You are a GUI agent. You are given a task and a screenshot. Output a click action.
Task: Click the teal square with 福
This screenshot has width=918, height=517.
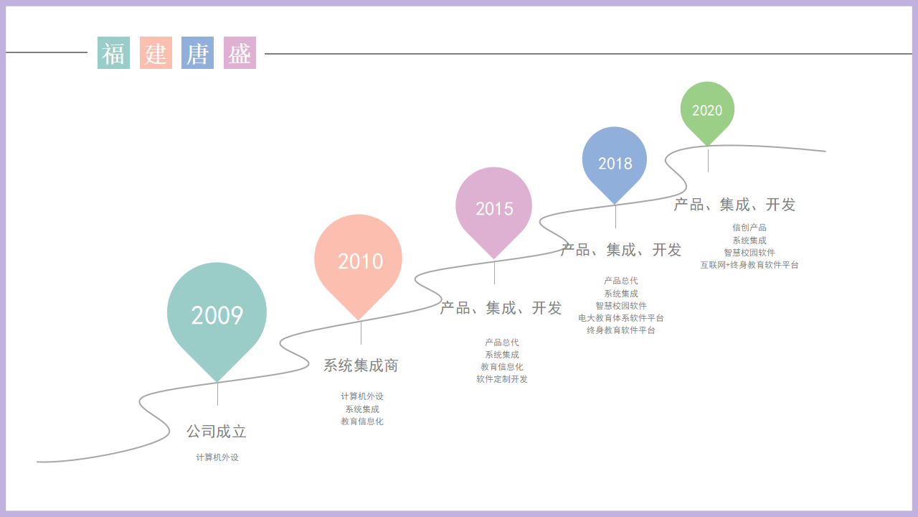pos(113,53)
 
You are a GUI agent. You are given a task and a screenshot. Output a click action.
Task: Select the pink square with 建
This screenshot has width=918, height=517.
pos(156,53)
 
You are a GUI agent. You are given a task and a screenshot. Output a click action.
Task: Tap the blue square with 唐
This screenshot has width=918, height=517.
pos(197,53)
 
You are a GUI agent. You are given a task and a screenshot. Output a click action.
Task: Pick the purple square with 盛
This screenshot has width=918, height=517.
pos(240,53)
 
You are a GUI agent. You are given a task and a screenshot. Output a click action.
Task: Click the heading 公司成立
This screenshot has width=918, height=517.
pos(217,432)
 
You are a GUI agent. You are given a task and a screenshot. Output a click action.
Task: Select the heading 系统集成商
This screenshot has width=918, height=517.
pos(361,365)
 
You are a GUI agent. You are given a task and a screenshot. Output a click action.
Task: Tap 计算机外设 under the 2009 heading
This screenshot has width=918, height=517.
pos(217,457)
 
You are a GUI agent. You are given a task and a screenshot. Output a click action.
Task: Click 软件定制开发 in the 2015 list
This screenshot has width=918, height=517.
pos(502,378)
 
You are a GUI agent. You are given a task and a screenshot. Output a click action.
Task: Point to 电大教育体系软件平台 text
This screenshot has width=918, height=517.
pos(621,318)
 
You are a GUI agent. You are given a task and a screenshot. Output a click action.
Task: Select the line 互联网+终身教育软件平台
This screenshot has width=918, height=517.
pos(749,265)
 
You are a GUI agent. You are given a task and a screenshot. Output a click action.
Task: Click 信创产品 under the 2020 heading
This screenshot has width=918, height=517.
pos(749,228)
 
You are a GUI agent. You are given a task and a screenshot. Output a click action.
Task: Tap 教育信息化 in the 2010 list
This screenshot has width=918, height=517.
pos(362,421)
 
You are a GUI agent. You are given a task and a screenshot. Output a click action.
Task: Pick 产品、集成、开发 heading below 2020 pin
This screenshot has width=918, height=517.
pos(734,205)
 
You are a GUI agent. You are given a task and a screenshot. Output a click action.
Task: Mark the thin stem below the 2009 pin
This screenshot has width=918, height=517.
pos(217,394)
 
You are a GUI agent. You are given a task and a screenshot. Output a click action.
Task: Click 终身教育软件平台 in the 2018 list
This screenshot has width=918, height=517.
pos(621,330)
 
